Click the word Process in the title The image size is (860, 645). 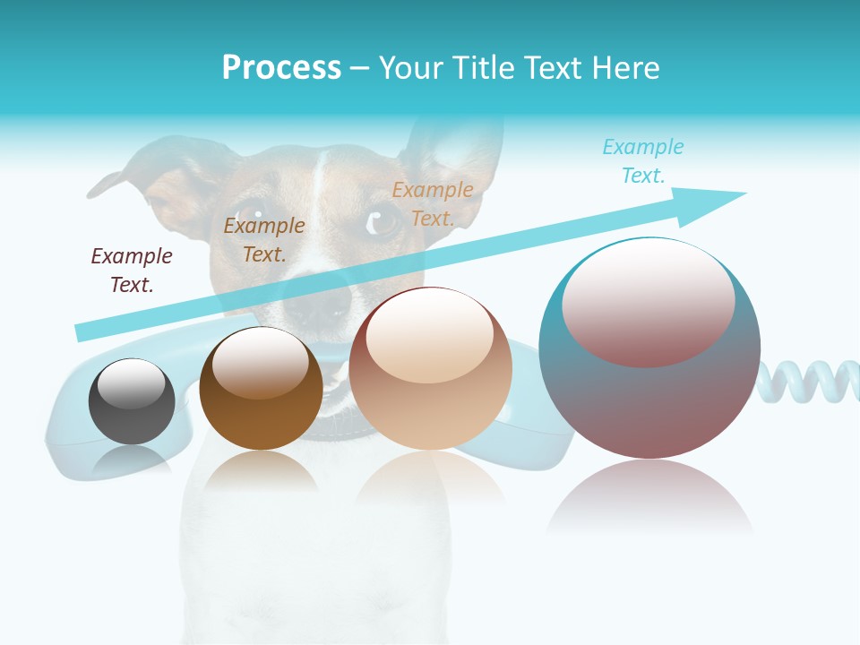(x=281, y=68)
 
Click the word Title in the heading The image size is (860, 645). (x=482, y=68)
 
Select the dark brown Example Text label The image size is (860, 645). (x=132, y=270)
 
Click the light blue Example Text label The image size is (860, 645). (x=642, y=160)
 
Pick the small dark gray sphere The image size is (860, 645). (x=132, y=401)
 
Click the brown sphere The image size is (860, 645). (x=261, y=390)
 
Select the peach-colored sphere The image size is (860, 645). (x=430, y=369)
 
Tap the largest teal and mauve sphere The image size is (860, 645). (x=649, y=349)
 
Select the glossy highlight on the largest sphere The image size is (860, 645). (x=648, y=300)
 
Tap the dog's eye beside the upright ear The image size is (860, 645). (x=383, y=219)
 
